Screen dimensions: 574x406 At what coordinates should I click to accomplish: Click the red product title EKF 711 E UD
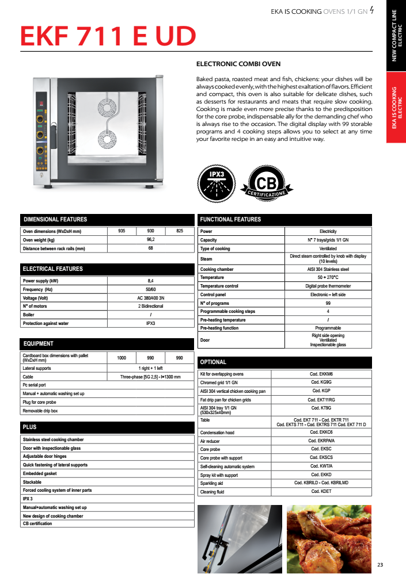click(108, 36)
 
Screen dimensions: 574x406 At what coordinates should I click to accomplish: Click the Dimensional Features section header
click(55, 219)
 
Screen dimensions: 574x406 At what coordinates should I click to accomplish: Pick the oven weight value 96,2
click(151, 240)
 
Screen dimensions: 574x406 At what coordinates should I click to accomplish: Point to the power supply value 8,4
click(151, 281)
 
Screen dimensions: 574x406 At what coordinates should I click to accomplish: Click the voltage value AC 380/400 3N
click(151, 298)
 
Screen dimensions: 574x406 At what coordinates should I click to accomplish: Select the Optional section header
click(213, 362)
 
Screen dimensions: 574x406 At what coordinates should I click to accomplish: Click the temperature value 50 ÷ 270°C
click(328, 277)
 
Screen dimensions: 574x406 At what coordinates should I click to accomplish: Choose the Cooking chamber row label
click(217, 269)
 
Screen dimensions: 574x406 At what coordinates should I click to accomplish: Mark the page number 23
click(381, 563)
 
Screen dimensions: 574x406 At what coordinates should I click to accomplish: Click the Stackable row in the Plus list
click(32, 482)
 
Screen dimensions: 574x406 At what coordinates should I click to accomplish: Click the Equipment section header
click(38, 343)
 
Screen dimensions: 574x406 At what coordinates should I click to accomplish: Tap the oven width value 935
click(122, 231)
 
